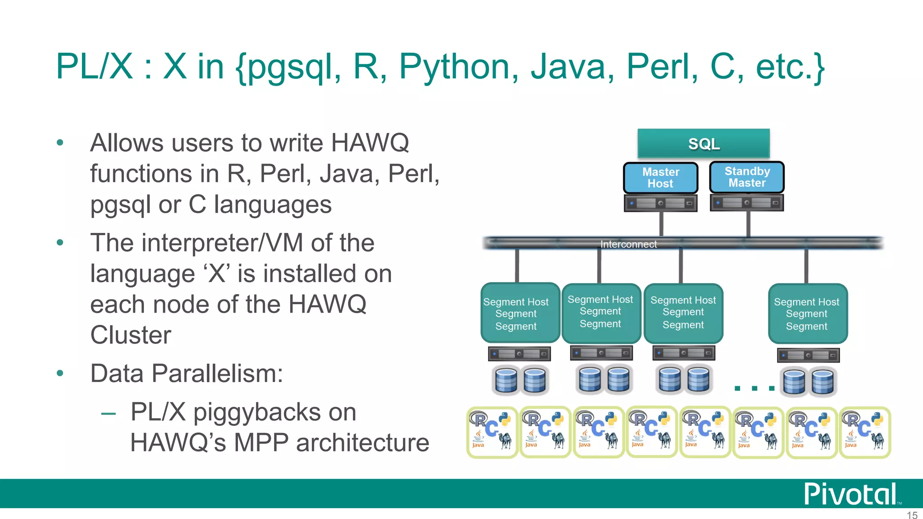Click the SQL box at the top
tap(704, 144)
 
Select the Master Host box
tap(661, 178)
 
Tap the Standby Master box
tap(747, 177)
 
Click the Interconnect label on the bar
tap(628, 244)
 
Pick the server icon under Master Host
tap(661, 203)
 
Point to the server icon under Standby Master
tap(747, 203)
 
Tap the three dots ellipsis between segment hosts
tap(754, 388)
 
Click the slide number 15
tap(912, 515)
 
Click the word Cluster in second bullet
tap(131, 335)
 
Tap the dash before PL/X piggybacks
tap(109, 413)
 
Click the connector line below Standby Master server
tap(748, 223)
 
